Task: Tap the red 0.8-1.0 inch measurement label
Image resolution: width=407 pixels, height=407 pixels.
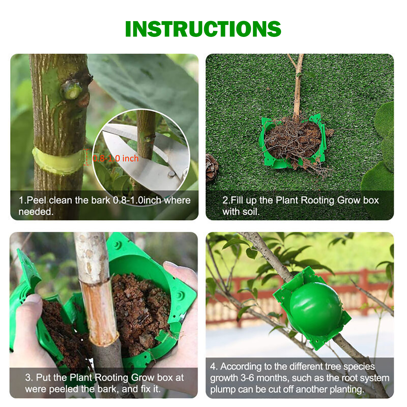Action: (x=115, y=158)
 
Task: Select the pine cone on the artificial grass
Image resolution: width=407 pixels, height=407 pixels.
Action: (x=212, y=167)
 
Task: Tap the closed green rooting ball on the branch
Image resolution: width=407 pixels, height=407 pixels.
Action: (x=315, y=308)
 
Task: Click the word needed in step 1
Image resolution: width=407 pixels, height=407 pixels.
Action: (x=36, y=212)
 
